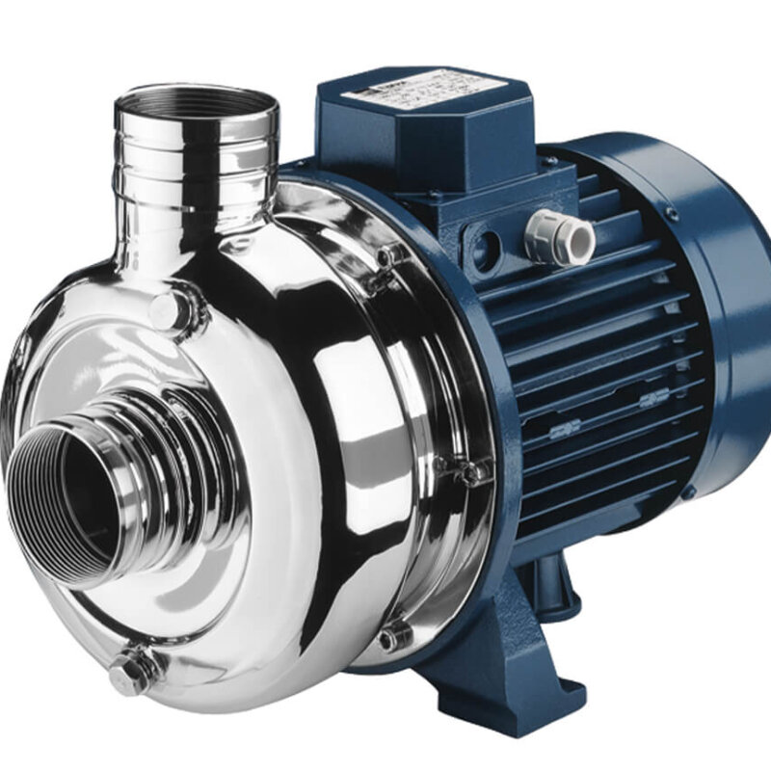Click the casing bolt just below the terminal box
pos(390,254)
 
